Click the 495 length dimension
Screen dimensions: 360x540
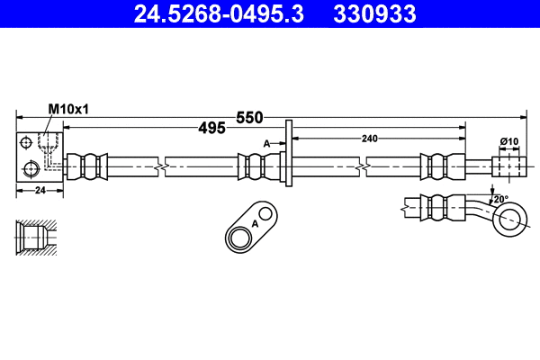211,129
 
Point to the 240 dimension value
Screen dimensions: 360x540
369,138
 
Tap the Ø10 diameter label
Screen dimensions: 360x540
509,141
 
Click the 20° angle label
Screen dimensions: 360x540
500,199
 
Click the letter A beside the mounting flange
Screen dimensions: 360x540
266,143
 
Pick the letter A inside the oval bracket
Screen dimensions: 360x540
255,222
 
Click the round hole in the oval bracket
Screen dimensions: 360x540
241,238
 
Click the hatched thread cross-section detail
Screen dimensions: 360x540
34,238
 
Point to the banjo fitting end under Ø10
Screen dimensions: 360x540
509,167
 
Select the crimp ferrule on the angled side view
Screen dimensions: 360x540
440,206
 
